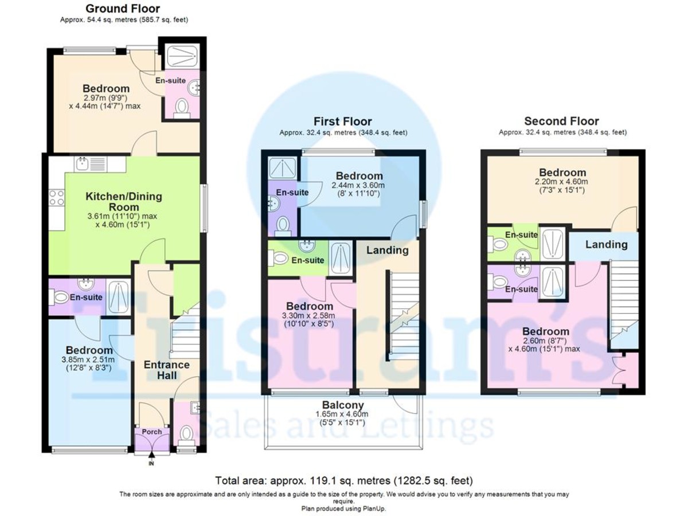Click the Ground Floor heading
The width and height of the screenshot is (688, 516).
click(123, 9)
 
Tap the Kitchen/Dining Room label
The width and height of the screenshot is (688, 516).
click(124, 201)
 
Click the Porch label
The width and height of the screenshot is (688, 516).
click(152, 432)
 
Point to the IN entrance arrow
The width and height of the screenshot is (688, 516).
click(151, 459)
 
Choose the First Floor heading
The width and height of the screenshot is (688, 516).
click(342, 122)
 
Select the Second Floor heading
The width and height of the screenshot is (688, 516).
click(561, 122)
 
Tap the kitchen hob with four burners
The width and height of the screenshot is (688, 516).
click(57, 198)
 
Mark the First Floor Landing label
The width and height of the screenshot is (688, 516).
click(388, 250)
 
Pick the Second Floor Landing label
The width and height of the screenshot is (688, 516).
click(606, 245)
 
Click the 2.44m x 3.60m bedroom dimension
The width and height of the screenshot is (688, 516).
click(358, 186)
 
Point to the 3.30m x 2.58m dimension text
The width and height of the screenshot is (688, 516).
click(310, 316)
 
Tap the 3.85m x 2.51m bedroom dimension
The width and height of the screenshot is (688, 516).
click(89, 360)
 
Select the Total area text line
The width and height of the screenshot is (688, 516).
click(344, 480)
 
